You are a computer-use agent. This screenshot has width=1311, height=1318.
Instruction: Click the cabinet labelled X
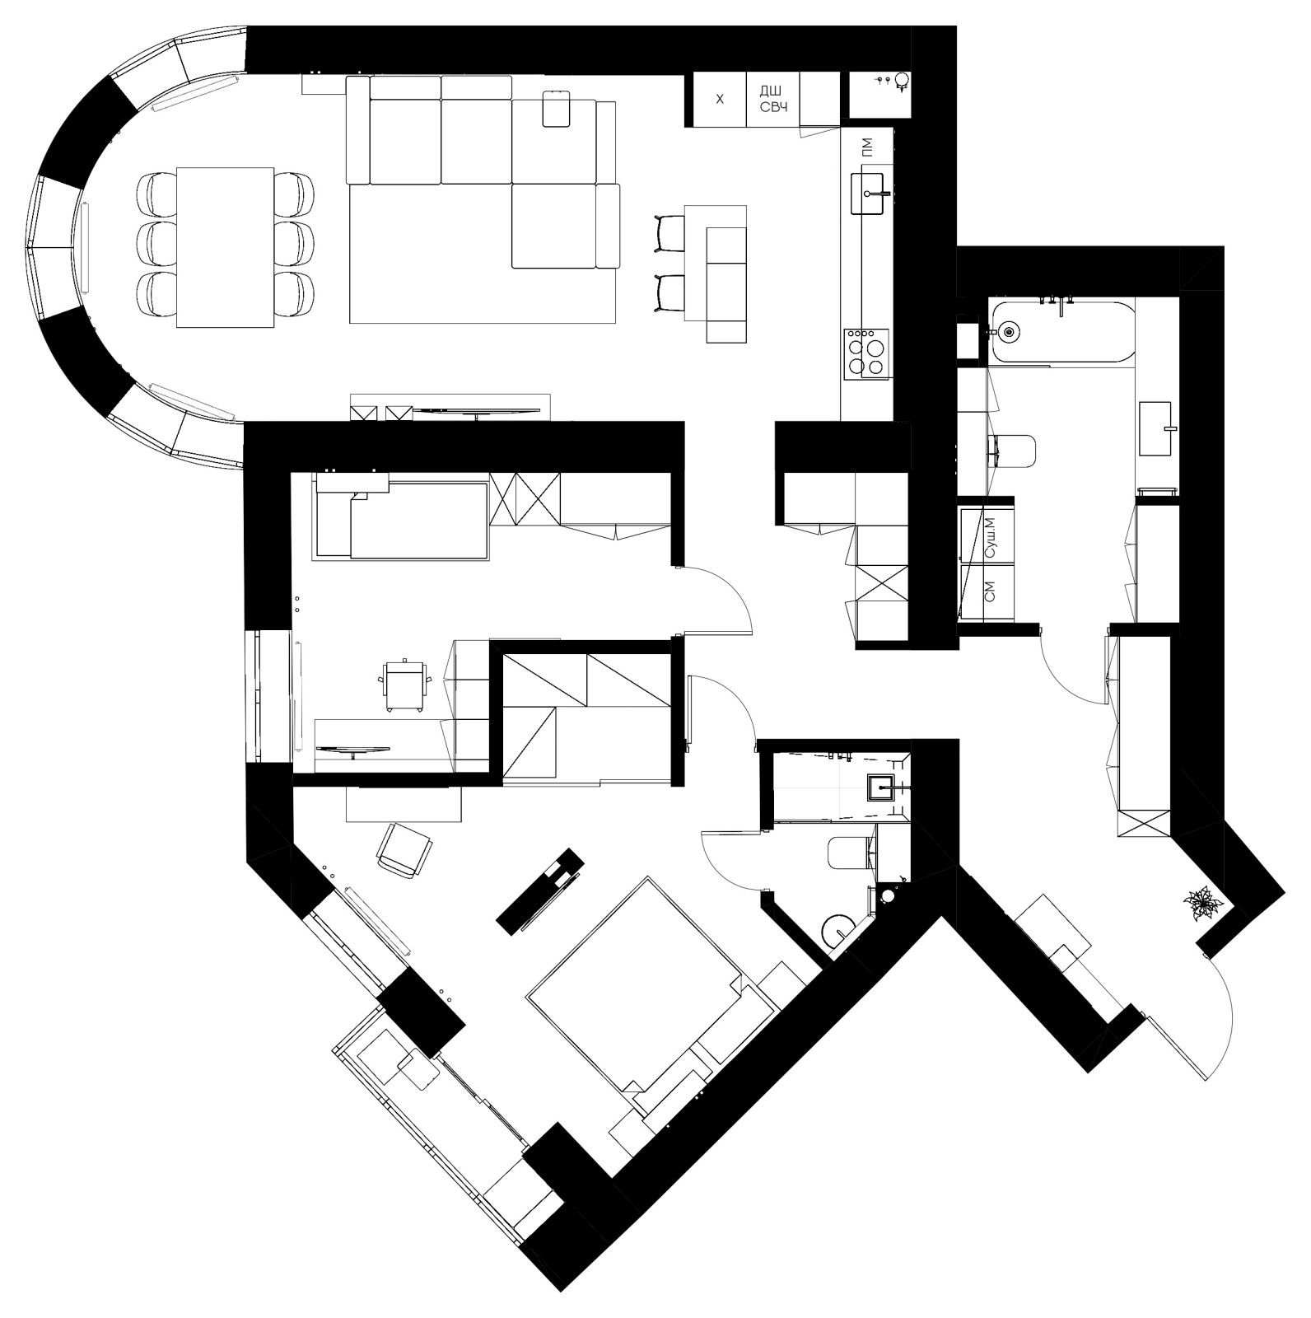click(x=719, y=100)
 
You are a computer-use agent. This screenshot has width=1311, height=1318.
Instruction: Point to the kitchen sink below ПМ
click(x=871, y=194)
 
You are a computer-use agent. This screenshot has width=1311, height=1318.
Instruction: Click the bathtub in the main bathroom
click(x=1062, y=331)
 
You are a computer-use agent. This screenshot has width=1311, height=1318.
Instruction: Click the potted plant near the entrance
click(x=1204, y=904)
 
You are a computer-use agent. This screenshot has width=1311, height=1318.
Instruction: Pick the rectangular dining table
click(x=225, y=247)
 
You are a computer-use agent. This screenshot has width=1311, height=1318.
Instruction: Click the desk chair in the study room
click(x=405, y=683)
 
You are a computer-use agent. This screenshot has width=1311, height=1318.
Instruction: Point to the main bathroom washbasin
click(x=1159, y=428)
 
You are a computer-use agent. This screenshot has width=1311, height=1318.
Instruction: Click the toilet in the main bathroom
click(x=1014, y=451)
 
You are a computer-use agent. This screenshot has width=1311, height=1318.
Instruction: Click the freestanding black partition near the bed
click(x=541, y=890)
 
